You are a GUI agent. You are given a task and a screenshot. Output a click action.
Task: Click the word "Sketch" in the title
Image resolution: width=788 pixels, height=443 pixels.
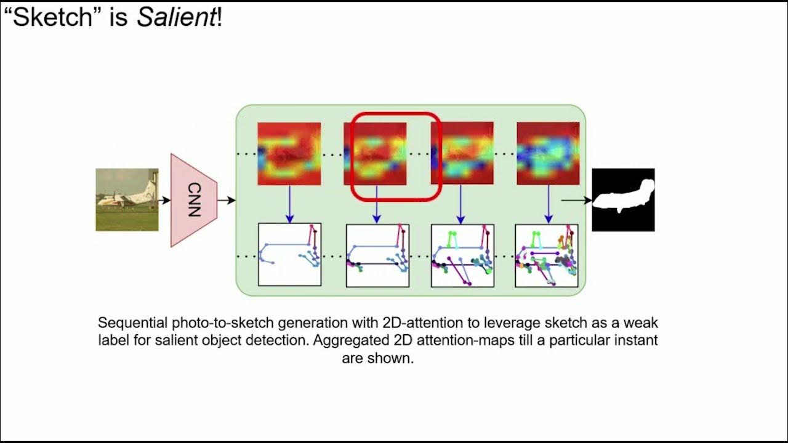54,18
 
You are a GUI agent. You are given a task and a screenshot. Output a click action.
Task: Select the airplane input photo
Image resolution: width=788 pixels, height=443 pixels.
127,200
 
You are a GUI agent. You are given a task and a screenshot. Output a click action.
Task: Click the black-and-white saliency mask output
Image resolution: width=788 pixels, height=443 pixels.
623,200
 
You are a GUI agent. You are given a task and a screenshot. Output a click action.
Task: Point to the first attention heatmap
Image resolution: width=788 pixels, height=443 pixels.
289,154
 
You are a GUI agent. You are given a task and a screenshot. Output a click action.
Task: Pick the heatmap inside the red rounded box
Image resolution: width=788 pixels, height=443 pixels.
375,154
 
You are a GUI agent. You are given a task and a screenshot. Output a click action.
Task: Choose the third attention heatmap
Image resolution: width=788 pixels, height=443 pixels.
462,154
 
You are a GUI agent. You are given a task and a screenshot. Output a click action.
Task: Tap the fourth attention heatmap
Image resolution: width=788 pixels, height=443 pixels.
548,154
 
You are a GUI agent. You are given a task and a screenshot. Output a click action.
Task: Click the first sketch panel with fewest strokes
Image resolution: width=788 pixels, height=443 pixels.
289,255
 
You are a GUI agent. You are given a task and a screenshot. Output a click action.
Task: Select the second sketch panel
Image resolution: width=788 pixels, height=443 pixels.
377,255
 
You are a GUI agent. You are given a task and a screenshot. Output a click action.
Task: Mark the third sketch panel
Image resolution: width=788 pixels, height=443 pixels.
462,255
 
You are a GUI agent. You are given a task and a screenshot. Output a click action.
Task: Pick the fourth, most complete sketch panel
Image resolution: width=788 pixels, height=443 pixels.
547,255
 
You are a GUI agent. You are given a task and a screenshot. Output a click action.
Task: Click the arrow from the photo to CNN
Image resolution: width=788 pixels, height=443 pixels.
164,200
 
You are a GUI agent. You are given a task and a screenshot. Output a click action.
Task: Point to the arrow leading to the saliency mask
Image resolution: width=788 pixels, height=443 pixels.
576,200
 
